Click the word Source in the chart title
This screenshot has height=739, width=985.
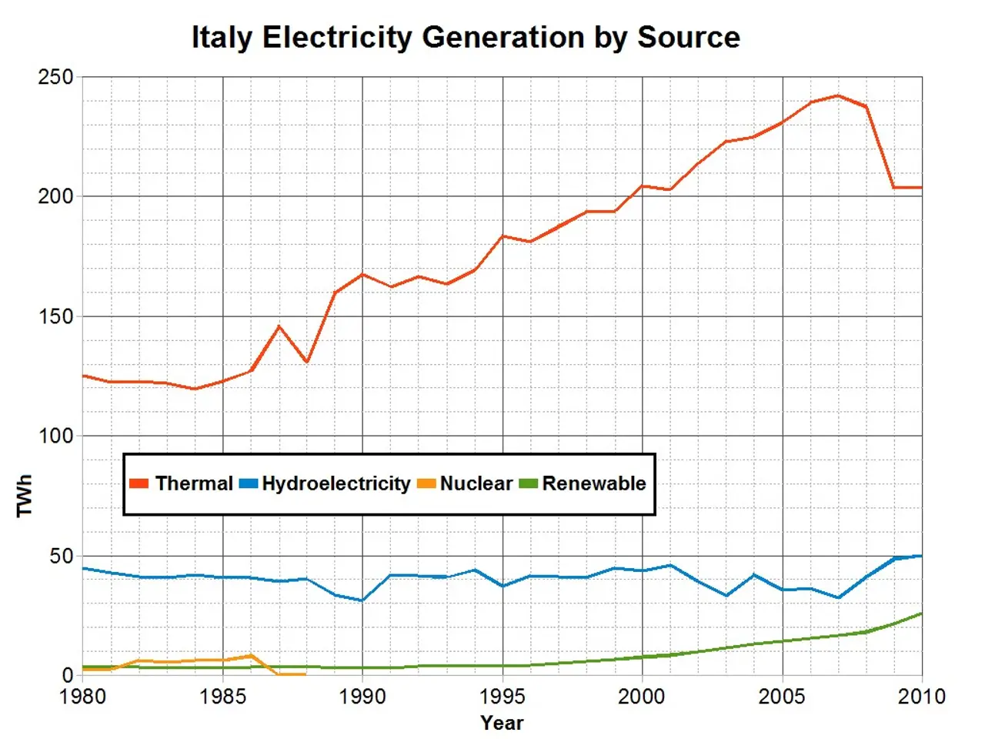688,37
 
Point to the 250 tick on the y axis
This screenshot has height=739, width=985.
56,77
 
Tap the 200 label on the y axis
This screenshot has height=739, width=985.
56,196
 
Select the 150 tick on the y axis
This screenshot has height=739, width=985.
56,316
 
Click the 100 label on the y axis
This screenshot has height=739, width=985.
56,436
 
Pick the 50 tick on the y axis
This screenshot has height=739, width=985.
62,556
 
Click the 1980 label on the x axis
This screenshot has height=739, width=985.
82,697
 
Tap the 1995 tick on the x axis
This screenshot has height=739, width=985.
503,697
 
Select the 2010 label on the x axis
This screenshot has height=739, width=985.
921,697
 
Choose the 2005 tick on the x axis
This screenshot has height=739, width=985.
782,697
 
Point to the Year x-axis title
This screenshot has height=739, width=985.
502,723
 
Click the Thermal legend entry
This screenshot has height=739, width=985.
193,483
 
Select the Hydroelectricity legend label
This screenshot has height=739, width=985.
336,483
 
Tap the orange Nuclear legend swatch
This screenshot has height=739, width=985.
426,483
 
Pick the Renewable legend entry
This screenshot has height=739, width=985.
593,483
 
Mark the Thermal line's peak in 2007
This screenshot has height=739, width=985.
838,95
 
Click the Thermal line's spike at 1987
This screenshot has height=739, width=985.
279,326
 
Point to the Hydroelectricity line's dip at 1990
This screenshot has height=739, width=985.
362,600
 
